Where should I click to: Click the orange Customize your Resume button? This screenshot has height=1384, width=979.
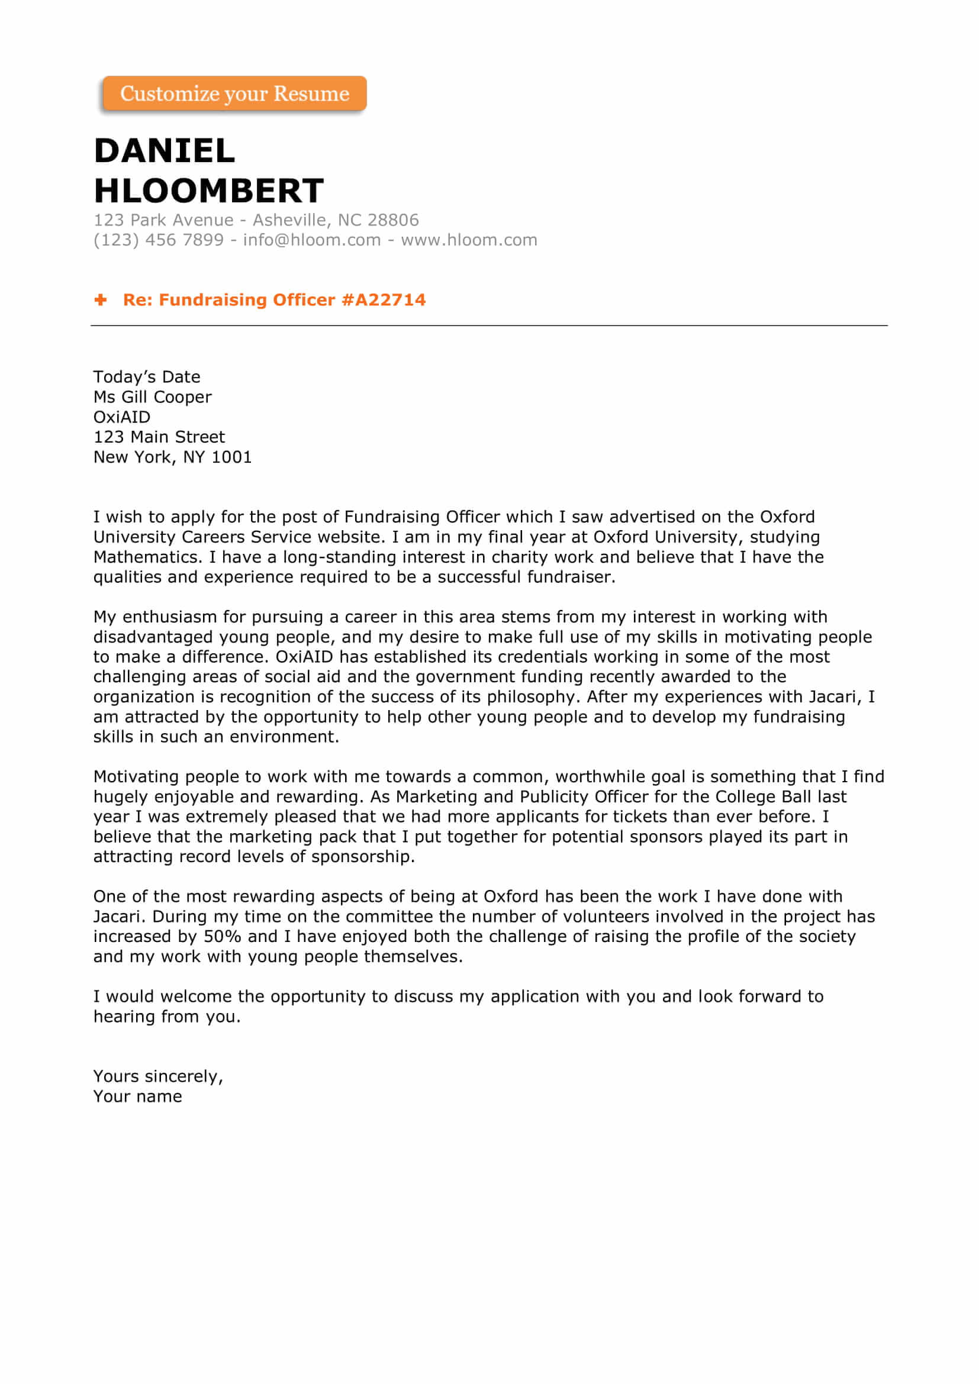tap(234, 93)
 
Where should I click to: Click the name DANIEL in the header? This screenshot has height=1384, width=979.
tap(164, 151)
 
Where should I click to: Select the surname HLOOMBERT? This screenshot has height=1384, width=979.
tap(208, 191)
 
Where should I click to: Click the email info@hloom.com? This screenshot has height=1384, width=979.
tap(312, 240)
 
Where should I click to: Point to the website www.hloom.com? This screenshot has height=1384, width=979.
tap(468, 240)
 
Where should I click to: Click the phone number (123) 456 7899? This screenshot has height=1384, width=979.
tap(159, 240)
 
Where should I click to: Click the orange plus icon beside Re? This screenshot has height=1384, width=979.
tap(101, 299)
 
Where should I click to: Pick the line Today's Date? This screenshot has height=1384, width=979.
tap(146, 377)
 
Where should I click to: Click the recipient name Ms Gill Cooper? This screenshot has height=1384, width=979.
tap(153, 396)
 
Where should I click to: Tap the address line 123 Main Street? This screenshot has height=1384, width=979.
tap(159, 437)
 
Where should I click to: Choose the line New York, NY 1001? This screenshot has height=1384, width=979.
tap(172, 457)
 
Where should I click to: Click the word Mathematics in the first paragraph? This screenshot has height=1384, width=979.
tap(147, 557)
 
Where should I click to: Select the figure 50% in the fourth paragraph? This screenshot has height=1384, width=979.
tap(223, 936)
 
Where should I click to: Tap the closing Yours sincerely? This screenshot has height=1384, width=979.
tap(158, 1076)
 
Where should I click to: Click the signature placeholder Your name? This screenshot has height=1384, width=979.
tap(137, 1096)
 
